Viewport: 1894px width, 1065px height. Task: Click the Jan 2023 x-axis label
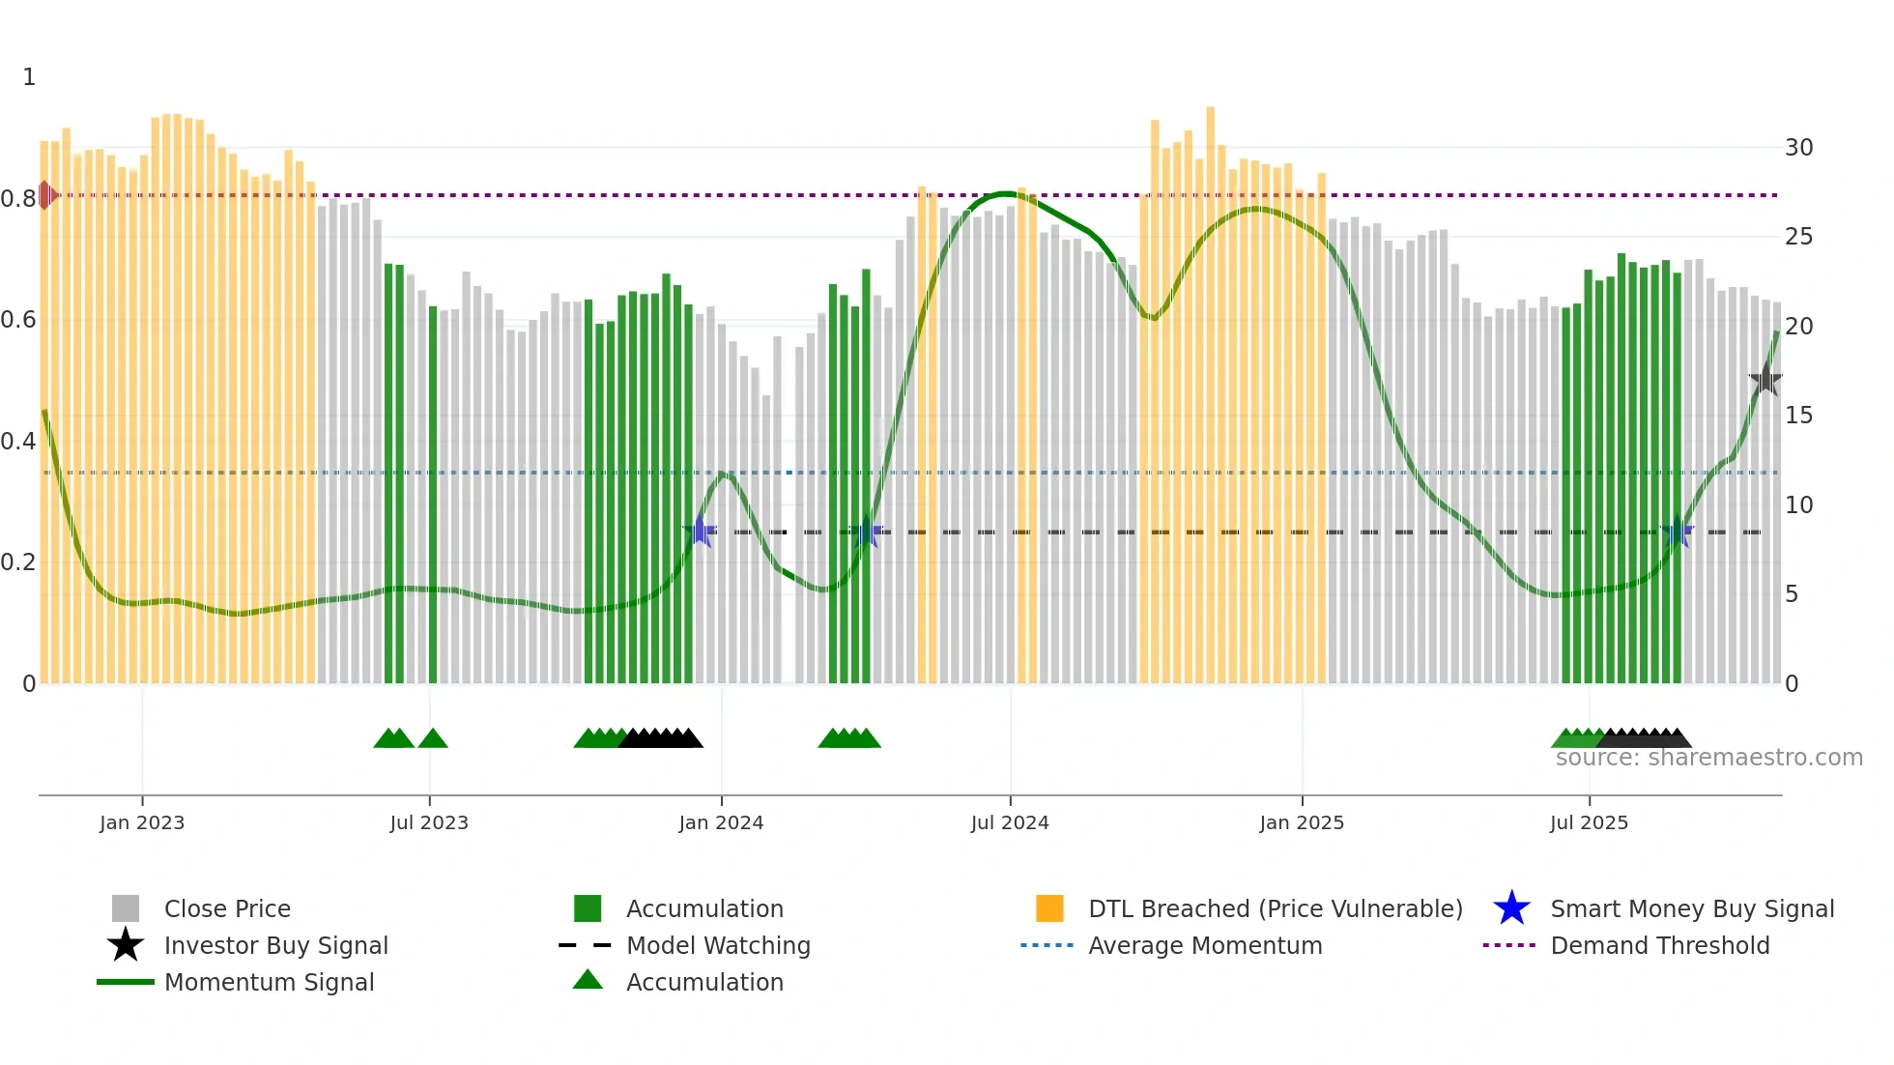(x=142, y=822)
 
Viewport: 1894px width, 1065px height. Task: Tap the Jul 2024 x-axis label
(x=1010, y=822)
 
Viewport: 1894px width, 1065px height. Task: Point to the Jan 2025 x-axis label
(x=1302, y=822)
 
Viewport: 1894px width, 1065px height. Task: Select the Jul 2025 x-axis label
(x=1589, y=822)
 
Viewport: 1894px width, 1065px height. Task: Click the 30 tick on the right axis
(x=1798, y=148)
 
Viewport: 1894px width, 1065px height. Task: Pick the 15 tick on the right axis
(x=1798, y=416)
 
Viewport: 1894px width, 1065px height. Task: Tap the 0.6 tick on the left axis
(x=18, y=320)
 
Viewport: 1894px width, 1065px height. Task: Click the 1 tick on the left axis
(x=29, y=77)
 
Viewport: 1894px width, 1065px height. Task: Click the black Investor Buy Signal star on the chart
(x=1765, y=380)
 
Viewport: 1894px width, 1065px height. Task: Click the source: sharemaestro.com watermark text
(x=1708, y=758)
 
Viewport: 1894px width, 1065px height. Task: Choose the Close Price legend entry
(x=227, y=908)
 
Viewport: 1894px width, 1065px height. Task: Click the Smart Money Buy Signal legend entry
(x=1692, y=908)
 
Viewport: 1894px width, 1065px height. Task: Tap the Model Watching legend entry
(x=718, y=945)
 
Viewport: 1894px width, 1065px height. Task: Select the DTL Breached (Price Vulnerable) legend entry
(x=1275, y=908)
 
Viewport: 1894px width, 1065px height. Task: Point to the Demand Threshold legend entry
(x=1659, y=945)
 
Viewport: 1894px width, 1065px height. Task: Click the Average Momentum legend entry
(x=1205, y=945)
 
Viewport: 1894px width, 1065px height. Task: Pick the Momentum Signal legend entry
(x=269, y=982)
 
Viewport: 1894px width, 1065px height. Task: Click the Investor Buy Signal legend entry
(x=275, y=945)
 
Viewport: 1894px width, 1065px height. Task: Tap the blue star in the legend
(x=1511, y=908)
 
